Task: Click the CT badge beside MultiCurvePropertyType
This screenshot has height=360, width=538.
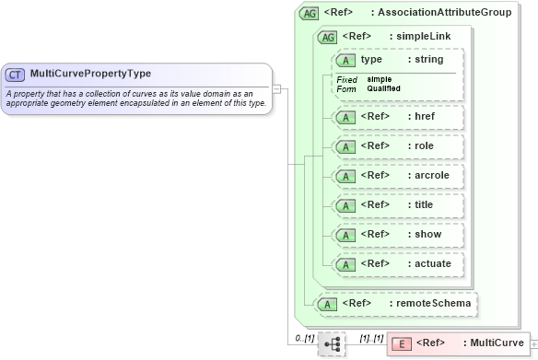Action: tap(16, 74)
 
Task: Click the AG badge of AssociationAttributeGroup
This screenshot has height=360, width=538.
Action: tap(310, 13)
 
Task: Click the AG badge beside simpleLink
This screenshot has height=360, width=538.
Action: tap(327, 36)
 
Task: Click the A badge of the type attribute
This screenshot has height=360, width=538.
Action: tap(346, 60)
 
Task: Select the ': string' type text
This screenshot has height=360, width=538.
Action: tap(426, 60)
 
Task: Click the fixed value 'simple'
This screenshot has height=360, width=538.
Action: tap(380, 79)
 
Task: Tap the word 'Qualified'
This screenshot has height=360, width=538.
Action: tap(383, 88)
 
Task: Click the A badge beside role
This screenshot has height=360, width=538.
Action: tap(346, 145)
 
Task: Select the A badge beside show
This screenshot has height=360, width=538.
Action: tap(346, 234)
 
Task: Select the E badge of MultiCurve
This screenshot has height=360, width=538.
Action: tap(402, 343)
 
